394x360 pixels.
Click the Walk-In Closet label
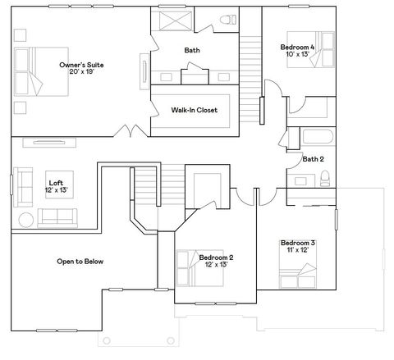point(194,110)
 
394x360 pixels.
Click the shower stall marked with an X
point(173,21)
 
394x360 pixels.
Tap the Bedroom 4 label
point(296,48)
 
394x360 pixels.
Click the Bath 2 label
point(313,159)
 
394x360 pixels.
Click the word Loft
point(56,183)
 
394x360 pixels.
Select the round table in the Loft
point(25,219)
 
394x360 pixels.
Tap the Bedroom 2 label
point(216,257)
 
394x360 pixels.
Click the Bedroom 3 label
point(297,243)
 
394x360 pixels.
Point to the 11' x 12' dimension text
point(297,251)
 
